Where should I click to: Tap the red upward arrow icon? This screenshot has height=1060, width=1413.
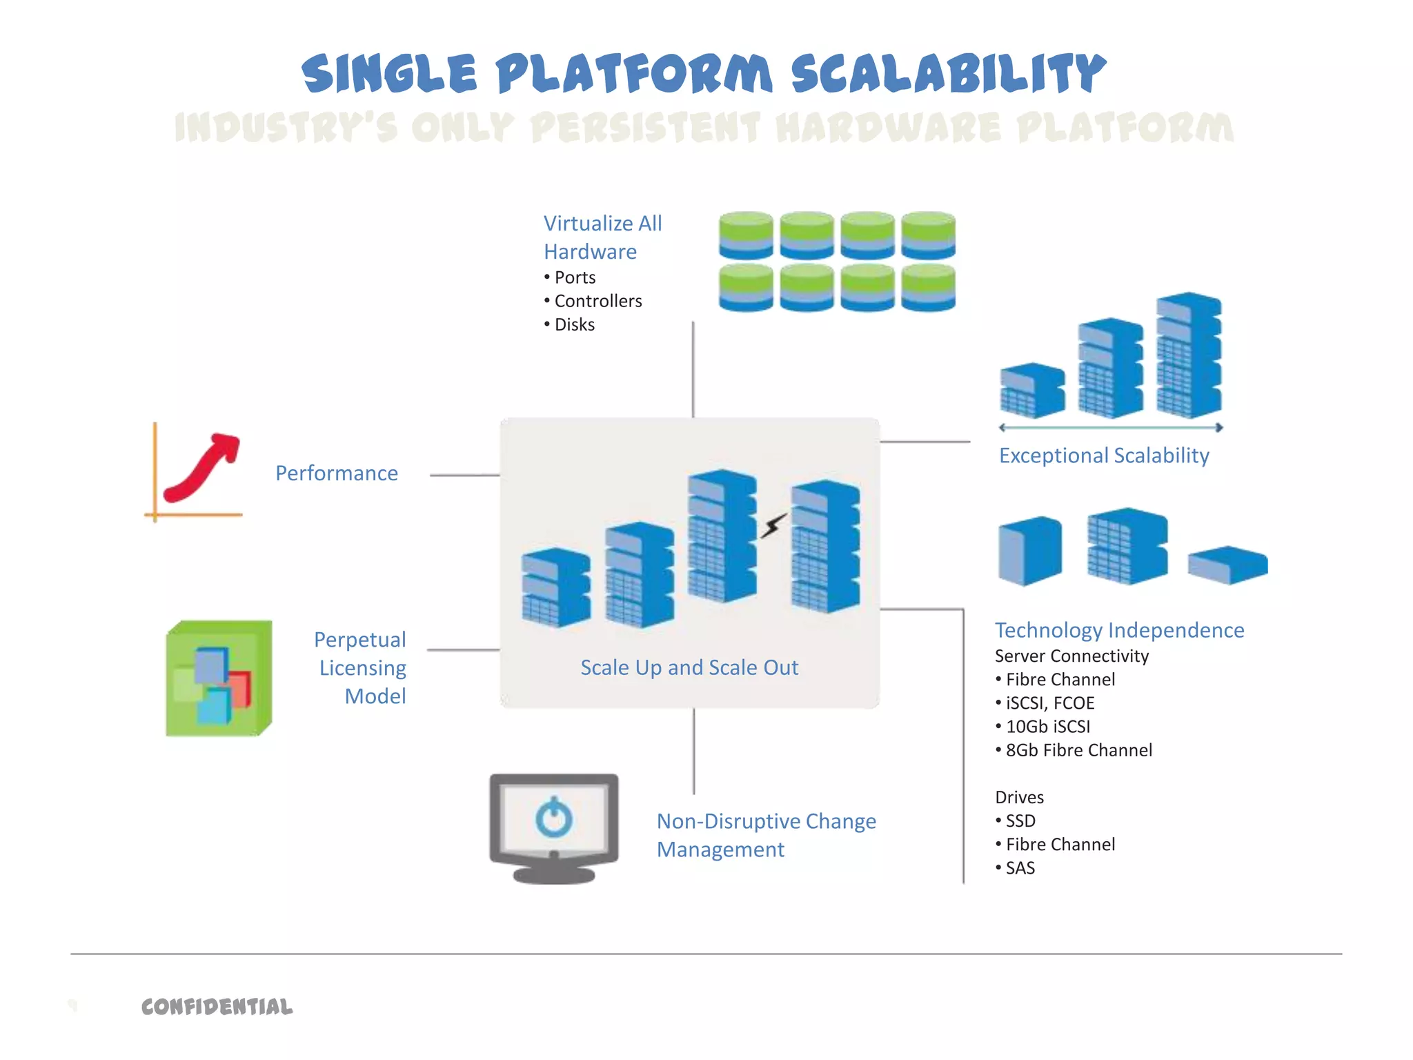204,468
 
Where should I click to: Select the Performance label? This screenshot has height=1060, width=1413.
337,473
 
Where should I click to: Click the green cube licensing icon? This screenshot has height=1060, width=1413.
219,678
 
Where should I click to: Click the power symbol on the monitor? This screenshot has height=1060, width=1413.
554,818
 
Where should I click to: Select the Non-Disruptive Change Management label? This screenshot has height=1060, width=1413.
765,835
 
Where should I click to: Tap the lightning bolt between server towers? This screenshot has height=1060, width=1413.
774,525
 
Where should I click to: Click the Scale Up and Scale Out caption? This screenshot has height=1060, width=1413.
689,667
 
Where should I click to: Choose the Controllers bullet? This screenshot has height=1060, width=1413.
597,301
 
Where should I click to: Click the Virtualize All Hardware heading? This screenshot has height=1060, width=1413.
602,237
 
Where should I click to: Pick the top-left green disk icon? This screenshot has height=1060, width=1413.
746,235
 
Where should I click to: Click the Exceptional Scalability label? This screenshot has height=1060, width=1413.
1104,455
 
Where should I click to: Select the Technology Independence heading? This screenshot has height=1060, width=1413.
1119,630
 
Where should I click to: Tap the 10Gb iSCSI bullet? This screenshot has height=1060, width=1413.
1047,727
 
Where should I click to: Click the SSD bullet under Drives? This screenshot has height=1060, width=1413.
1020,821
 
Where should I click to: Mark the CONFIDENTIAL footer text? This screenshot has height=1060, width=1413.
217,1007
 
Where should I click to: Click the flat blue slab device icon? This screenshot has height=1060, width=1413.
1227,565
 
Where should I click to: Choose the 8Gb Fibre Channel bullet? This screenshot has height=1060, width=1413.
1078,750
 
